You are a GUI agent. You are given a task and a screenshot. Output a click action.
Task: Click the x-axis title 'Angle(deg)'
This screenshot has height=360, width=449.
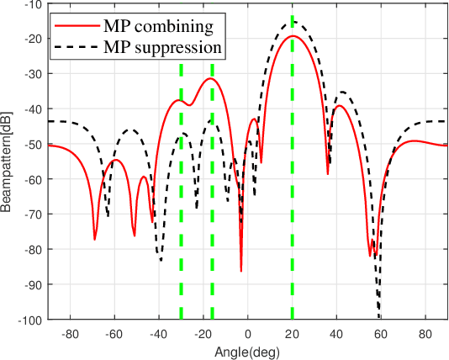pyautogui.click(x=247, y=349)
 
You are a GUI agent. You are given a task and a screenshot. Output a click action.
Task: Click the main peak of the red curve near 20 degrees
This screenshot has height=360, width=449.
pyautogui.click(x=292, y=37)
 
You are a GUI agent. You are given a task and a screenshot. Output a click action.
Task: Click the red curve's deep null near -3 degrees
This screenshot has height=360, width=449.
pyautogui.click(x=240, y=270)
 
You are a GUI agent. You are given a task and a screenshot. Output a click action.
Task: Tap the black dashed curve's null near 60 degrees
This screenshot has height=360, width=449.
pyautogui.click(x=379, y=318)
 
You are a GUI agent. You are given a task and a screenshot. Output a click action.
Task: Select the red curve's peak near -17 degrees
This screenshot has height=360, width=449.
pyautogui.click(x=209, y=79)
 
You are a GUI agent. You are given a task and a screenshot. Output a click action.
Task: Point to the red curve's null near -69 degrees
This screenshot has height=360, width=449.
pyautogui.click(x=94, y=239)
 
